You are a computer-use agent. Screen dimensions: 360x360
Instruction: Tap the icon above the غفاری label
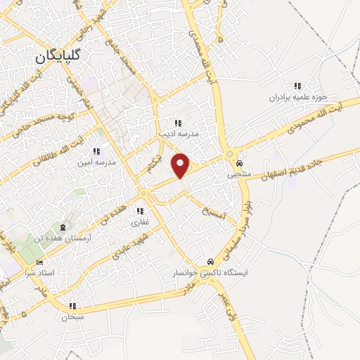pos(141,211)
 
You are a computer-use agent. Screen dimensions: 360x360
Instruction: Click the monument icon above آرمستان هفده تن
pos(63,228)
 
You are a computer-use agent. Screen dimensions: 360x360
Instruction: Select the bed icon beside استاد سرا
pos(39,262)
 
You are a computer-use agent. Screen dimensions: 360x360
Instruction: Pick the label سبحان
pos(72,317)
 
